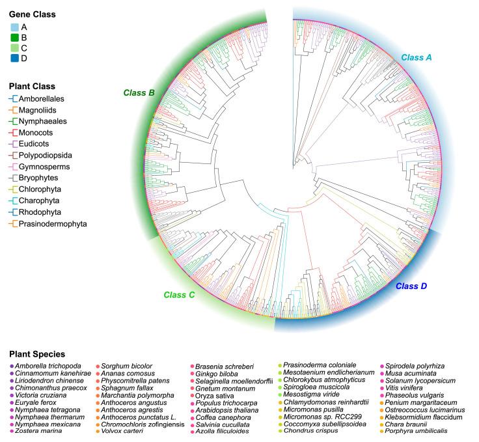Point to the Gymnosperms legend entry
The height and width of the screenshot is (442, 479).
pyautogui.click(x=44, y=167)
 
